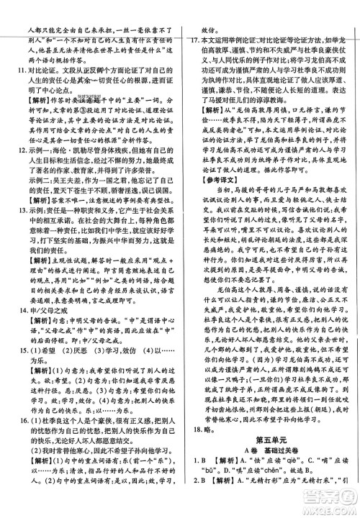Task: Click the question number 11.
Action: coord(11,73)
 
